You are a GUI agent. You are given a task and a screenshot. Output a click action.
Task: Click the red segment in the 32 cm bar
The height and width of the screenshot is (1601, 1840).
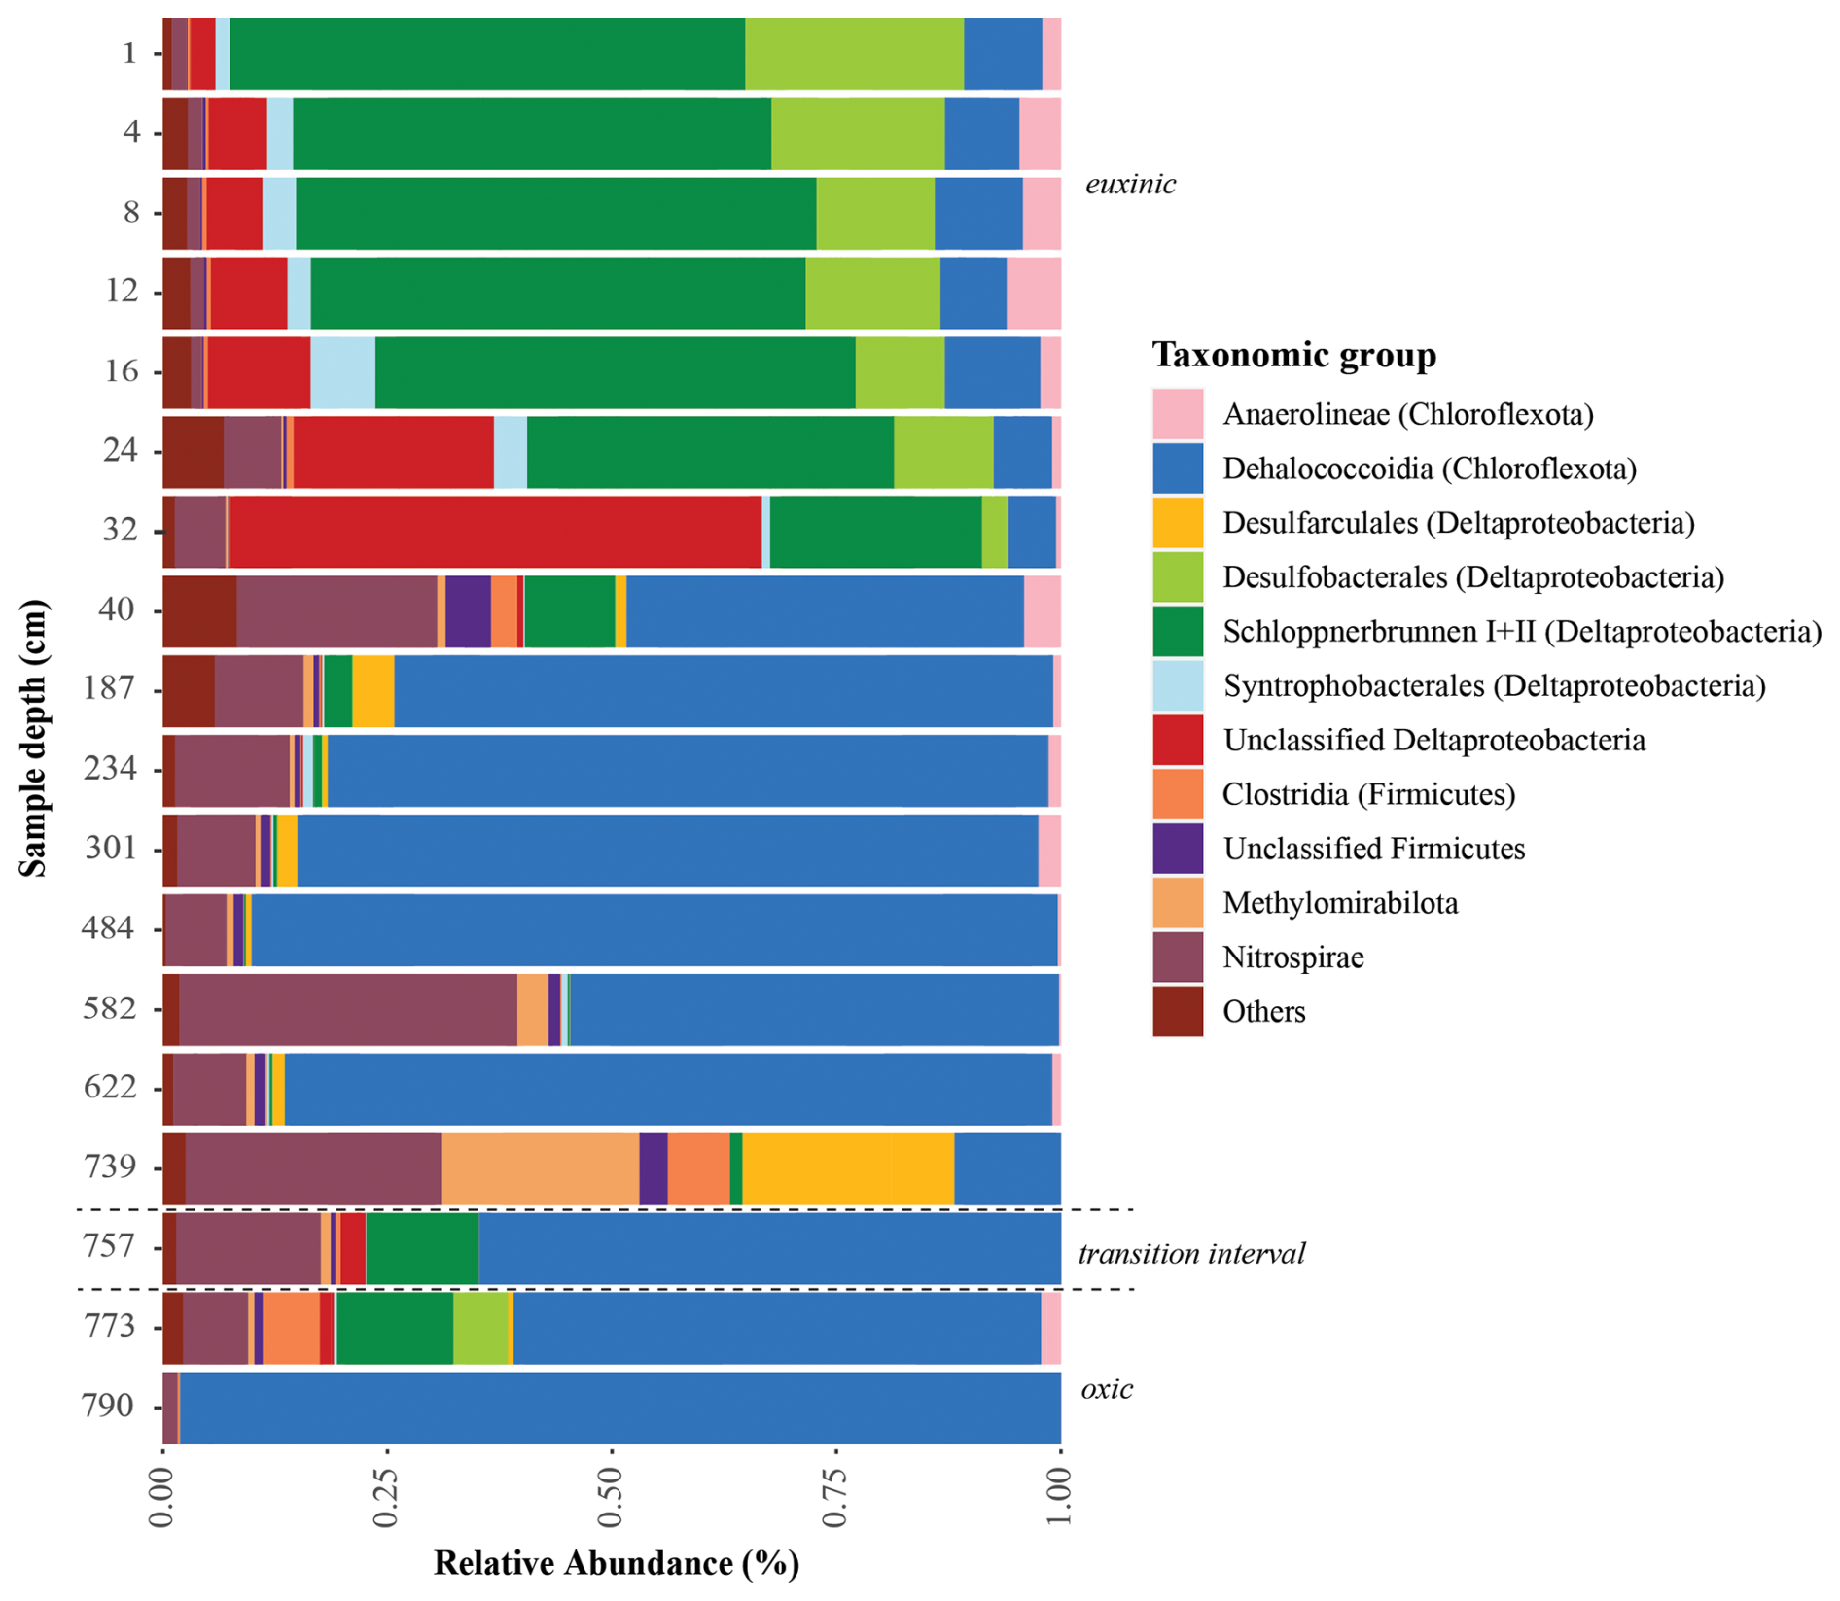[x=496, y=532]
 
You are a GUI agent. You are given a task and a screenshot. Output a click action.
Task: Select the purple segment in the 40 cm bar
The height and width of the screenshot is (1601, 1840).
[x=468, y=611]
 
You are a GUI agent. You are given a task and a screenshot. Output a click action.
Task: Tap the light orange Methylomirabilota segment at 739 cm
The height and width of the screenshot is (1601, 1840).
[x=540, y=1167]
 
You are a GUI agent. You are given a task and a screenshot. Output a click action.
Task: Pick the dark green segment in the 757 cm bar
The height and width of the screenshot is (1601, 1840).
[x=422, y=1248]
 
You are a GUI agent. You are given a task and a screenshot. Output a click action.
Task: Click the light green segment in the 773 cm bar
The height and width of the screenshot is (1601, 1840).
[x=480, y=1328]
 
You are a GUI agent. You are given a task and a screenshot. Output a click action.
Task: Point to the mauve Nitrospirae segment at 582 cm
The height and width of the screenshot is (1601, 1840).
[x=347, y=1010]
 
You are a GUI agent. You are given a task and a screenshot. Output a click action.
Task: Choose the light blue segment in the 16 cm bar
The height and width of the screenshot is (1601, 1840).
[x=342, y=372]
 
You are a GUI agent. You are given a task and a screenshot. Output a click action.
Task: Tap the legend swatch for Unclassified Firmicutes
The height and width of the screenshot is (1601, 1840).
[x=1178, y=849]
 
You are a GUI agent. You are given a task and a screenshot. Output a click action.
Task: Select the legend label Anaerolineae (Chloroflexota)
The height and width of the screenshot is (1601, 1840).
[x=1408, y=415]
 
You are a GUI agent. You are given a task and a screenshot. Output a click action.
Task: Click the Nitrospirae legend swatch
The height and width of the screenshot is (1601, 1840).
[x=1178, y=957]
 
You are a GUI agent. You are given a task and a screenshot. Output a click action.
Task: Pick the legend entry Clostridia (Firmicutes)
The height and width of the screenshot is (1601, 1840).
[x=1368, y=795]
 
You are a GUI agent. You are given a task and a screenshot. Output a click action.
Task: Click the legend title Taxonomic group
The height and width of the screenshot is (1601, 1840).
[x=1293, y=355]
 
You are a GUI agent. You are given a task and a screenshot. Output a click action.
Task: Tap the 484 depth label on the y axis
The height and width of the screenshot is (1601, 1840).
[x=107, y=928]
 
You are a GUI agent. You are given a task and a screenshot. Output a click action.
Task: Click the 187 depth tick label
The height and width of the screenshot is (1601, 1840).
[x=107, y=688]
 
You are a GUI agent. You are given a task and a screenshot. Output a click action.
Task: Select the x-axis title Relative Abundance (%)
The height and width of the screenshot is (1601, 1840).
[x=616, y=1563]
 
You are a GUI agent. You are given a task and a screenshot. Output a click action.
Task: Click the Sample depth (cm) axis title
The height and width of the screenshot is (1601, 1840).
[x=33, y=739]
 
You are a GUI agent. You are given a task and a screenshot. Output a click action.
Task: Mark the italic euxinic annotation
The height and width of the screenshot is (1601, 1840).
[x=1130, y=185]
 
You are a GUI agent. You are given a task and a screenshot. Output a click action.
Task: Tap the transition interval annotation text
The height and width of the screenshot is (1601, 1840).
[x=1191, y=1254]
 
